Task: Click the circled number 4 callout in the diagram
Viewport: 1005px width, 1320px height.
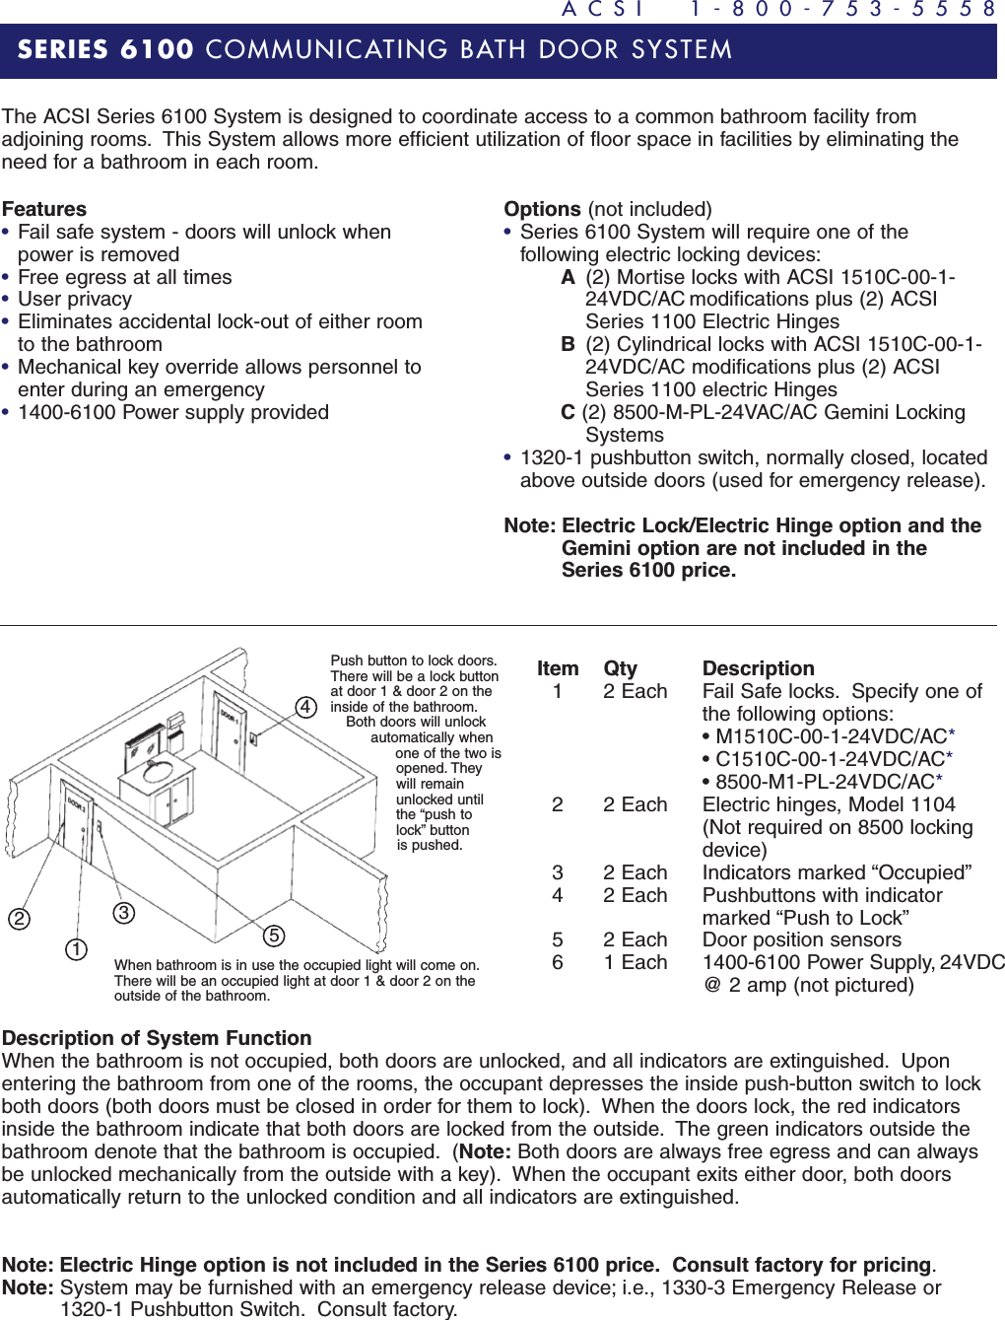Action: [306, 707]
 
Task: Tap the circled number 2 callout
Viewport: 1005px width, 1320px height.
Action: [19, 919]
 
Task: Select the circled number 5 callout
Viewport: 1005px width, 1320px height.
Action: [274, 936]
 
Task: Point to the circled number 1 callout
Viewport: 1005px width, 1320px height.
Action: [77, 949]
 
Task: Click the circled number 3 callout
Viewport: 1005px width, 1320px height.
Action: [123, 913]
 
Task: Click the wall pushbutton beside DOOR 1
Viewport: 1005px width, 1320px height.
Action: [253, 737]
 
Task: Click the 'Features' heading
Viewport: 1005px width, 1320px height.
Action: [44, 209]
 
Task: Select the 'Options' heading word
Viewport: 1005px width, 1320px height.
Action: [542, 209]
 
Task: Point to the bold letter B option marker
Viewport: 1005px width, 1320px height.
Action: [568, 344]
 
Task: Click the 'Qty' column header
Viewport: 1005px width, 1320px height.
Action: [620, 668]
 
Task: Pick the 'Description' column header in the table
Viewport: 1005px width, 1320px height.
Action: [758, 668]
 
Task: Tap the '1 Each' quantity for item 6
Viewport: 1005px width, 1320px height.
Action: [635, 962]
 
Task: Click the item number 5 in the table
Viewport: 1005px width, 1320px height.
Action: [558, 939]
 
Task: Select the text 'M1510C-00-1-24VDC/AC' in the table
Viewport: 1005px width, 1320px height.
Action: [831, 736]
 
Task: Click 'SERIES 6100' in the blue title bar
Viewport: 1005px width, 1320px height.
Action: [105, 49]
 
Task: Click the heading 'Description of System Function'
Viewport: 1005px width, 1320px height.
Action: [157, 1038]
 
